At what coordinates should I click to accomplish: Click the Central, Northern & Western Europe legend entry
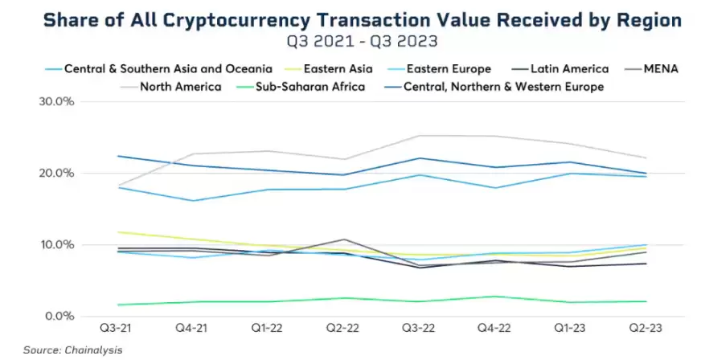pyautogui.click(x=503, y=87)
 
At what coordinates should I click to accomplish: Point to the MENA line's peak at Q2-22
pyautogui.click(x=344, y=239)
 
